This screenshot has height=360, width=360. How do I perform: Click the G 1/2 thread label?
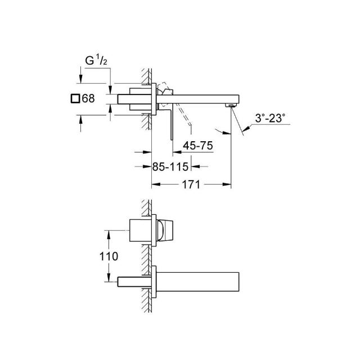(x=96, y=61)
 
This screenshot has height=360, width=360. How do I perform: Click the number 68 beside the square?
(x=88, y=98)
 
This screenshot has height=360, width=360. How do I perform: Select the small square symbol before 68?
(x=75, y=99)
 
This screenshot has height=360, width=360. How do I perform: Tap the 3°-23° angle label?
(x=270, y=118)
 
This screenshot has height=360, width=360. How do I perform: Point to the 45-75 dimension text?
(x=198, y=146)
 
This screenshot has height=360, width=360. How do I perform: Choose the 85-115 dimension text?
(x=170, y=166)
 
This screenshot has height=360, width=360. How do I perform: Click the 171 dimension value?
(x=191, y=184)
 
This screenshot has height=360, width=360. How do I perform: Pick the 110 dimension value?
(x=109, y=256)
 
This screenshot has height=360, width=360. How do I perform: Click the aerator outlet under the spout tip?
(x=230, y=105)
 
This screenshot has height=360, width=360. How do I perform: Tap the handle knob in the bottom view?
(x=165, y=230)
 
